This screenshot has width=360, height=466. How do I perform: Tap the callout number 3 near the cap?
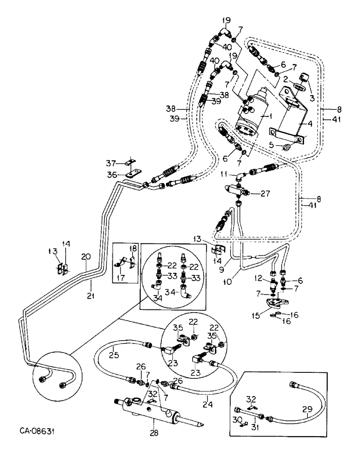tap(312, 98)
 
